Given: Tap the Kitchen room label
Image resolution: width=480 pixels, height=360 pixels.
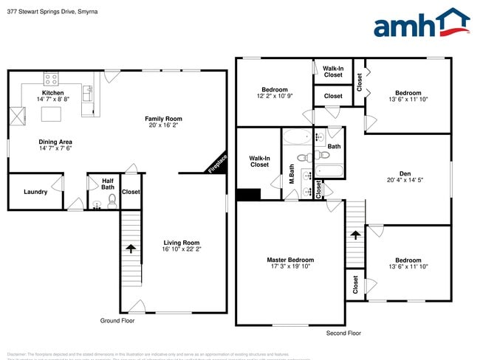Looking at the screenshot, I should [x=52, y=93].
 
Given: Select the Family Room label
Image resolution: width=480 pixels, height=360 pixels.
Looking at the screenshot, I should [x=163, y=119].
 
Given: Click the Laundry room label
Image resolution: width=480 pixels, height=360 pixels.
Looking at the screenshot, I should [x=35, y=192].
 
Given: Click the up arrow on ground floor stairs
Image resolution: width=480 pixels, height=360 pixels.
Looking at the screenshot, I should [x=131, y=248].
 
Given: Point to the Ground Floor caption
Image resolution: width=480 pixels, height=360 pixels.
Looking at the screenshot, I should [x=117, y=321].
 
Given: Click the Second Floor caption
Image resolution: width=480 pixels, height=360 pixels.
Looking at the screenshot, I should [x=344, y=333].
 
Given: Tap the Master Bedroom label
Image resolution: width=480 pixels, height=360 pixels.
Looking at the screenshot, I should [x=290, y=260].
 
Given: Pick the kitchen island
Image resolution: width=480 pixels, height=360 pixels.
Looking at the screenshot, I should [x=50, y=114].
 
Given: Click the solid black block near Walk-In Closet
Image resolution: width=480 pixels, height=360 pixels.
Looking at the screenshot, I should [x=248, y=195].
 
